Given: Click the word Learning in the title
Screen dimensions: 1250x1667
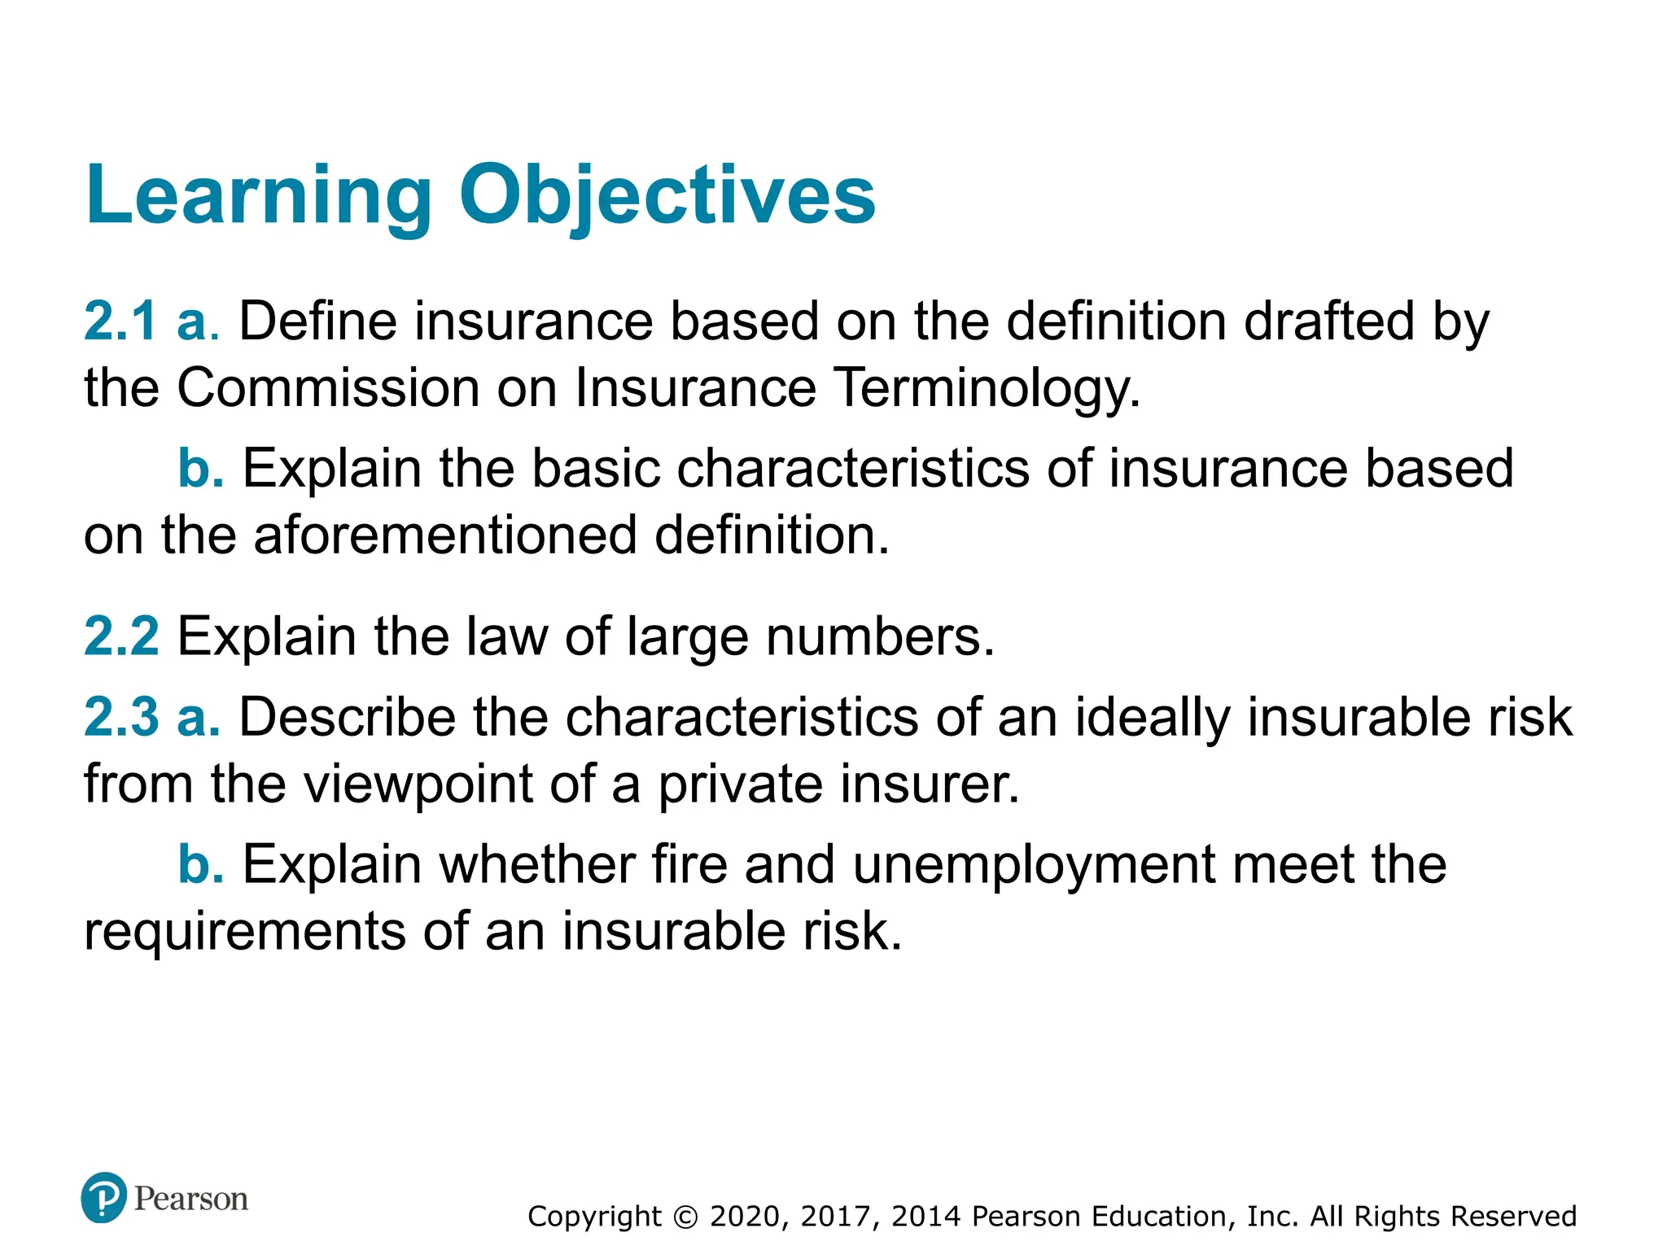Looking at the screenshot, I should pyautogui.click(x=259, y=195).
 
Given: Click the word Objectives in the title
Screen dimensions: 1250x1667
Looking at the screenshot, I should pyautogui.click(x=667, y=195).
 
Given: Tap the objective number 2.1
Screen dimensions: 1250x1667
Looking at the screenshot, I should pyautogui.click(x=120, y=321).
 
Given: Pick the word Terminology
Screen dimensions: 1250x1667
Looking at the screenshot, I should pyautogui.click(x=987, y=389).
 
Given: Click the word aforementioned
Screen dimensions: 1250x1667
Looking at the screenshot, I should pyautogui.click(x=445, y=535).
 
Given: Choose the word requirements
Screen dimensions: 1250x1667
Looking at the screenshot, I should pyautogui.click(x=244, y=932).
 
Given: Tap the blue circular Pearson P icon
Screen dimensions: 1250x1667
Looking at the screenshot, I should pyautogui.click(x=104, y=1197).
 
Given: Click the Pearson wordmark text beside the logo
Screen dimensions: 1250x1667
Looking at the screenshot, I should pyautogui.click(x=191, y=1199).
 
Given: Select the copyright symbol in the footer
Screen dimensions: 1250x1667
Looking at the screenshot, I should pyautogui.click(x=686, y=1217).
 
